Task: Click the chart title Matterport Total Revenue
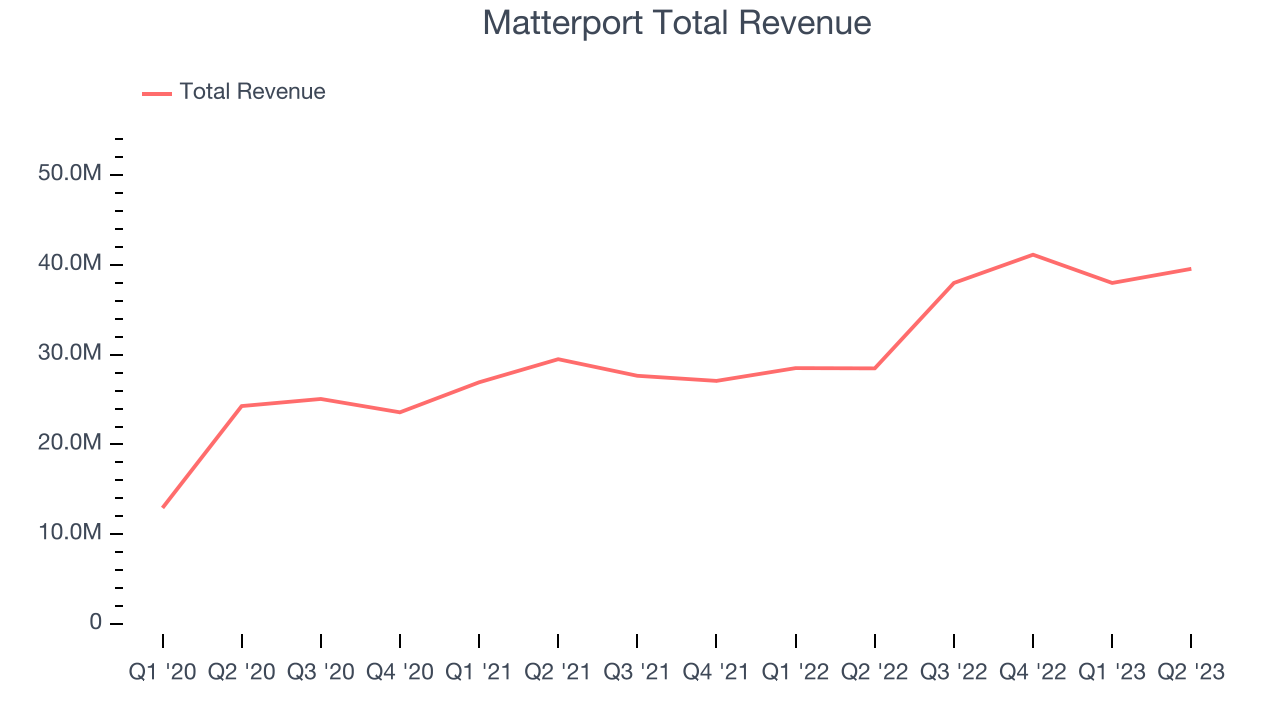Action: tap(677, 23)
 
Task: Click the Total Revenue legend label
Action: tap(252, 92)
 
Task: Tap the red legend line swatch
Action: tap(157, 93)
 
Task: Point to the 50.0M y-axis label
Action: tap(69, 174)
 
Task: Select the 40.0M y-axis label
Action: tap(69, 264)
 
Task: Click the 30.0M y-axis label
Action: tap(69, 354)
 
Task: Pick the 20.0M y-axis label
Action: tap(69, 443)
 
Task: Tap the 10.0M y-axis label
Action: tap(69, 533)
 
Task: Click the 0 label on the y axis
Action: tap(96, 622)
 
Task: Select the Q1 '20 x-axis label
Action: tap(162, 672)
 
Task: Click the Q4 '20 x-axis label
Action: tap(400, 672)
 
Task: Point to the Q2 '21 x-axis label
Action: tap(558, 672)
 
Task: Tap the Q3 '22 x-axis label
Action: tap(954, 672)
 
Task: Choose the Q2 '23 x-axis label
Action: tap(1190, 672)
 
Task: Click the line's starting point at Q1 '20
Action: tap(163, 507)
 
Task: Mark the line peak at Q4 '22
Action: tap(1032, 254)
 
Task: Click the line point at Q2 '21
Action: tap(558, 359)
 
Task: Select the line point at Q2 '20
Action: tap(242, 406)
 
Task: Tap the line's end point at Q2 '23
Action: tap(1190, 268)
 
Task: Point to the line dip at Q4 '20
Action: tap(400, 412)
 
